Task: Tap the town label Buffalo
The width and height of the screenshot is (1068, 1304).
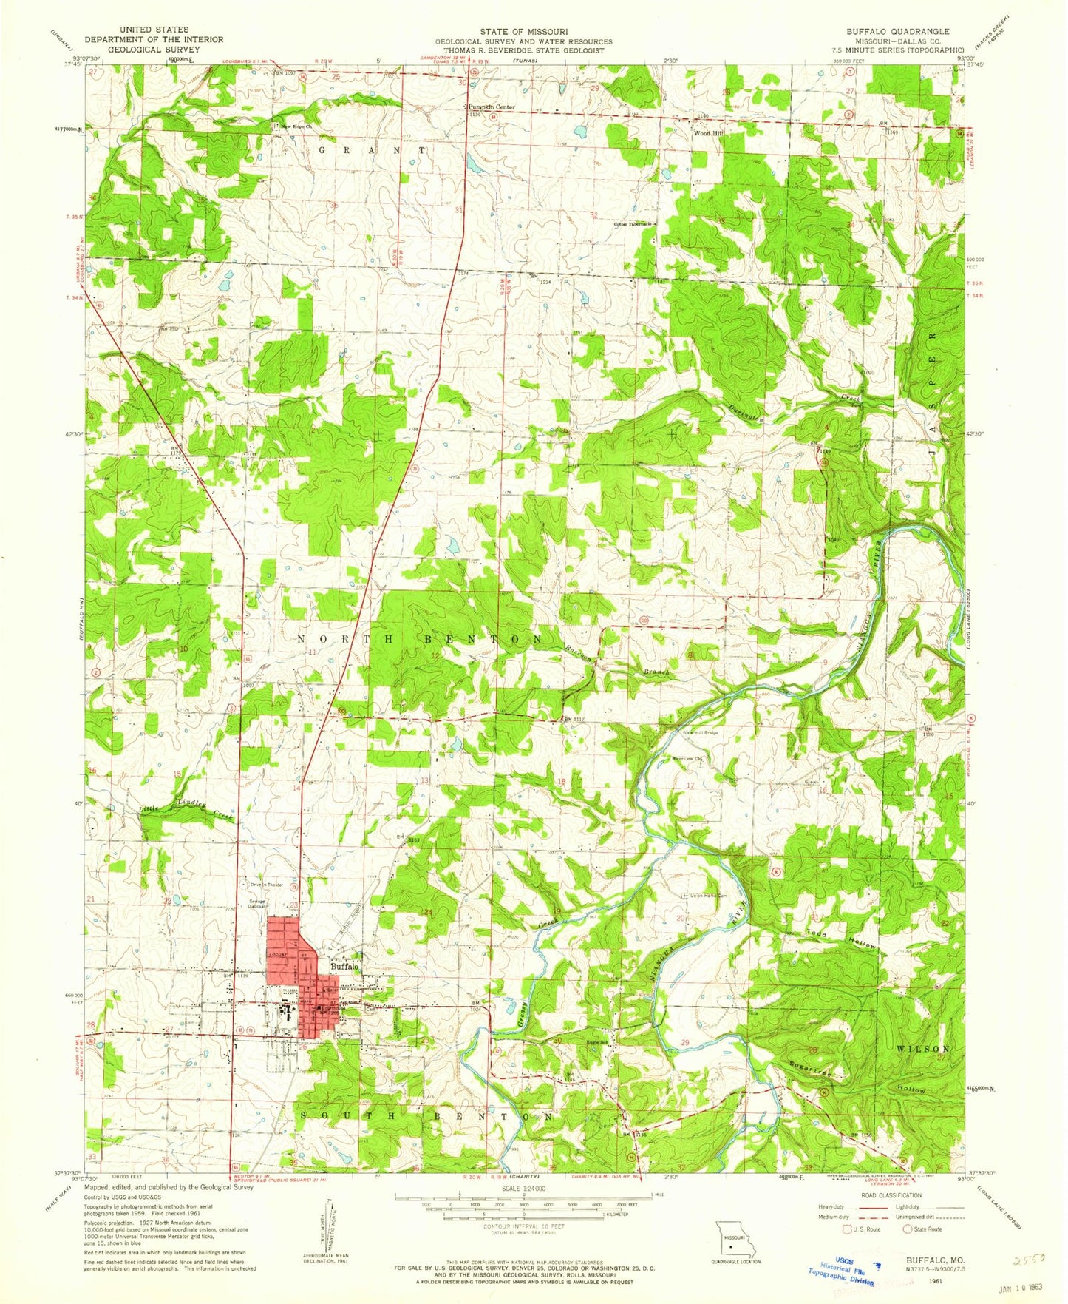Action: (344, 967)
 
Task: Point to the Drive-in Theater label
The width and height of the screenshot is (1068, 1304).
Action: (266, 885)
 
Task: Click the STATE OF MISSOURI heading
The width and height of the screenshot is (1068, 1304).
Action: (523, 32)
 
